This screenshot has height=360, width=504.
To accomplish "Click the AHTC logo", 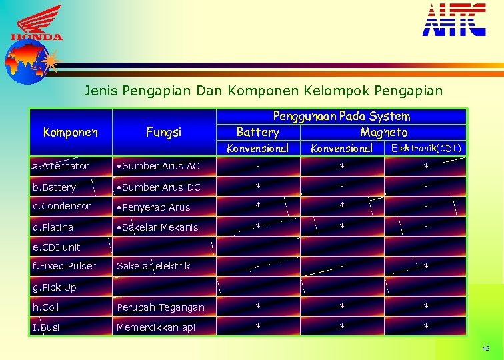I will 454,19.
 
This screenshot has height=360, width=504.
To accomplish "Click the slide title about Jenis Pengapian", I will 263,90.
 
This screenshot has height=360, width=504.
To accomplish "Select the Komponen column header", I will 70,132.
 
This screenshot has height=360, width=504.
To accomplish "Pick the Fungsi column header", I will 164,132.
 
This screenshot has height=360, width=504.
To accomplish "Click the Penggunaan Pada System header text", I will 341,116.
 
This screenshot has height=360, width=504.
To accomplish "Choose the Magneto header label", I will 383,132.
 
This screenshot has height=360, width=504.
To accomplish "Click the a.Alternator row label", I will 61,166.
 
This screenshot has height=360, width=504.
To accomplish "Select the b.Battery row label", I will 55,187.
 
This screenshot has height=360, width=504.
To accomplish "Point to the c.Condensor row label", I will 61,207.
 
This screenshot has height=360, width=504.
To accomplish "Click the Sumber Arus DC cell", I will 158,187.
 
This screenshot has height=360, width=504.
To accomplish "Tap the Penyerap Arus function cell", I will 153,207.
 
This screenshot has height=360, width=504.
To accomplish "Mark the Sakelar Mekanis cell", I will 157,227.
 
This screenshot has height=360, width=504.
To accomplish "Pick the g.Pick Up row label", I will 55,287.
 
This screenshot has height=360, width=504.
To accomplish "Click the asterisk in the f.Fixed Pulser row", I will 426,267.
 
